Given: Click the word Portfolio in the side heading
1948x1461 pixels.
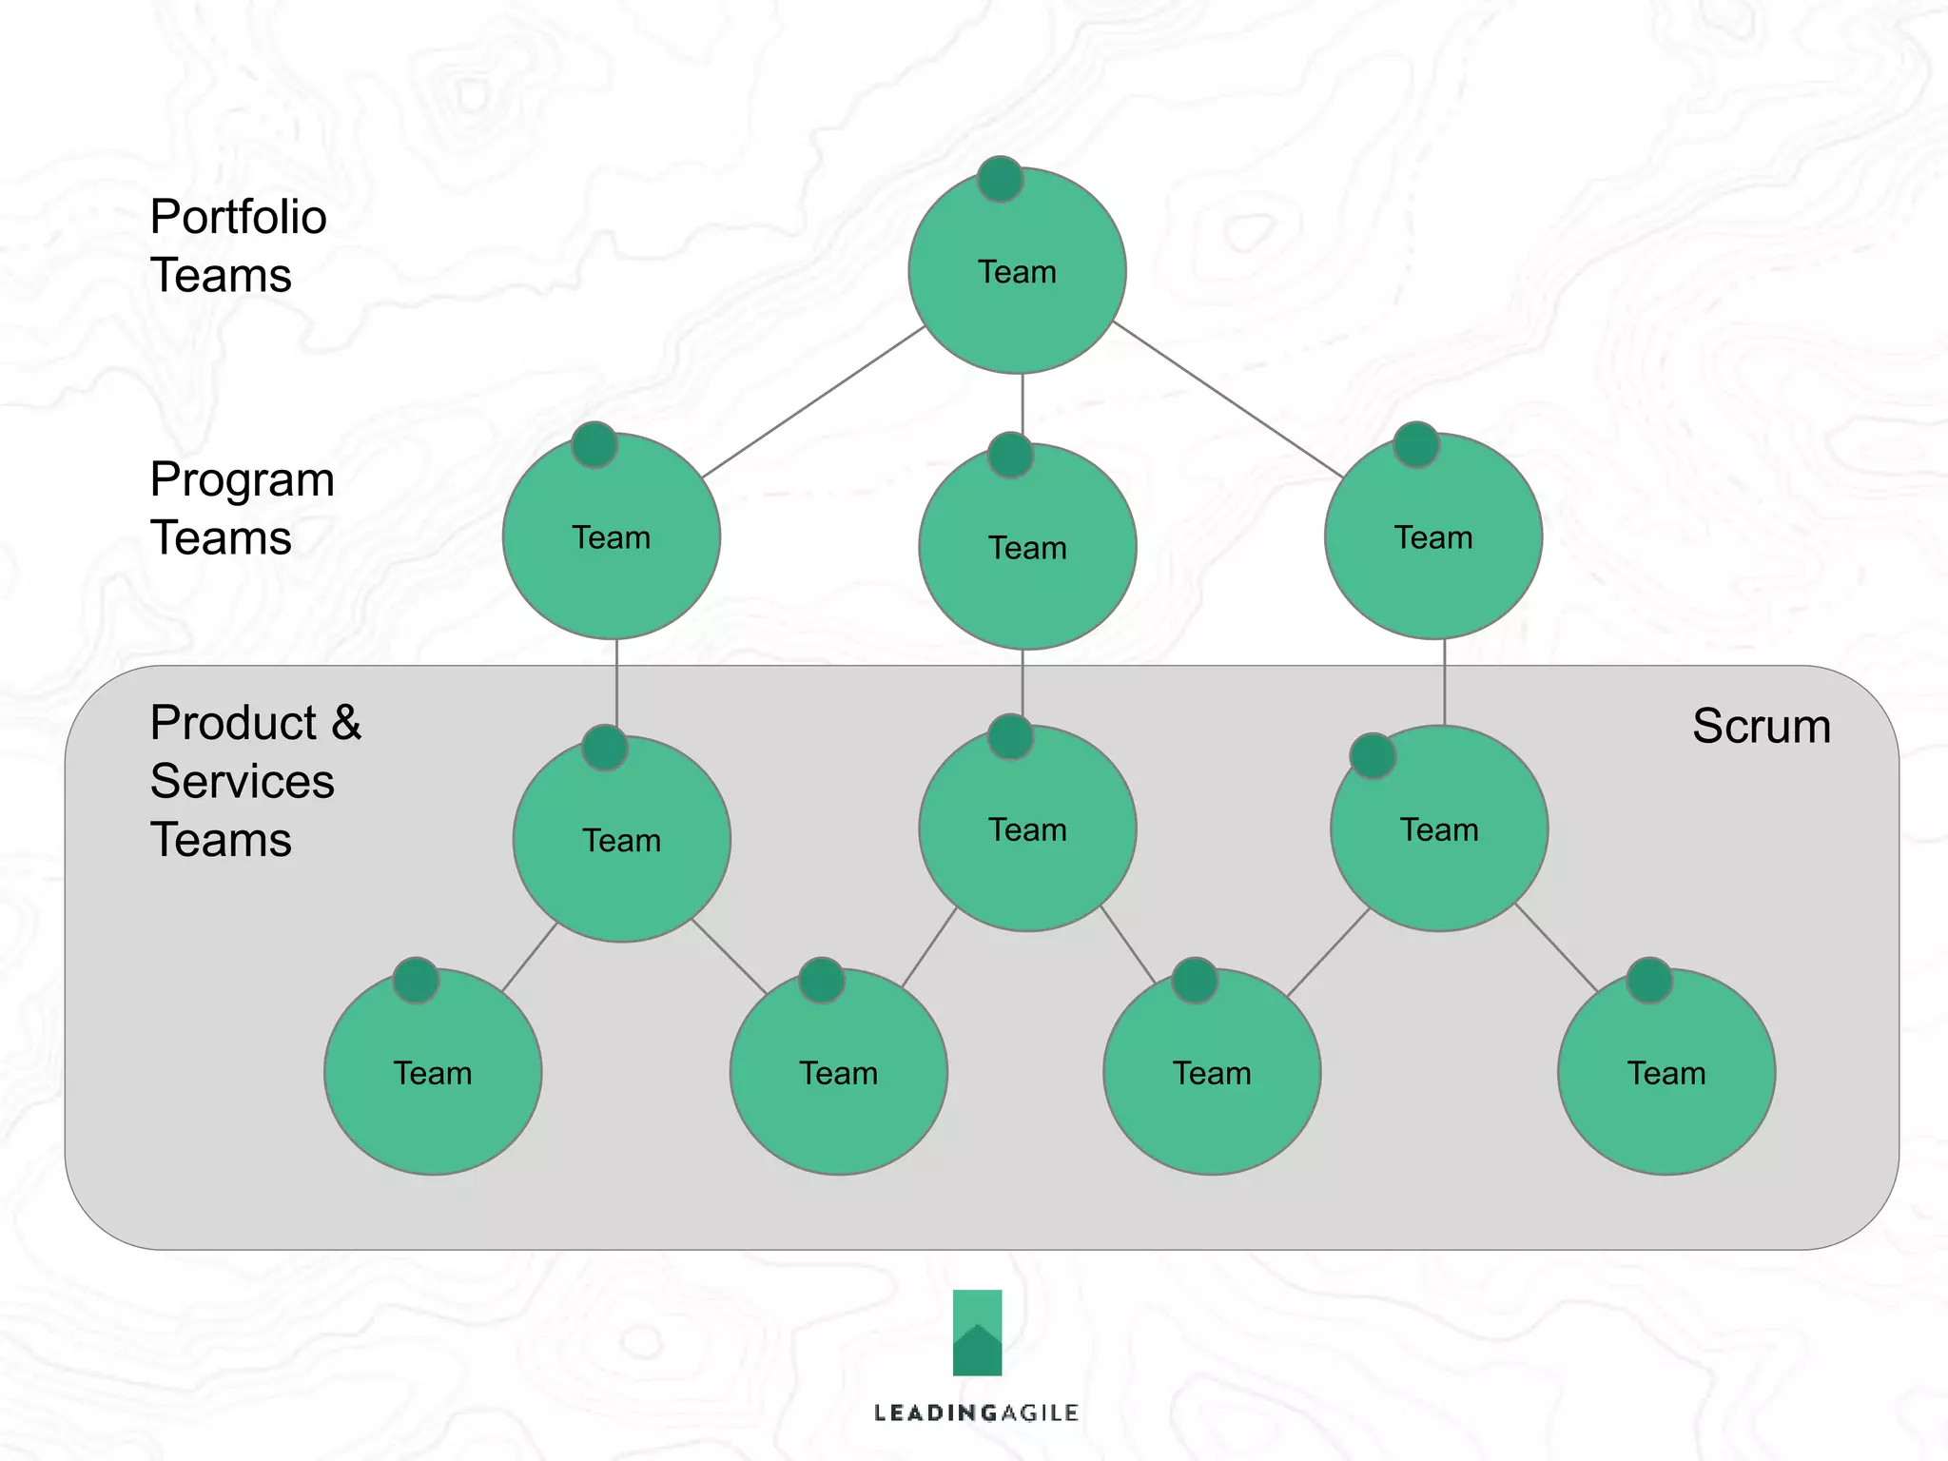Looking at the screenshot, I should (x=238, y=218).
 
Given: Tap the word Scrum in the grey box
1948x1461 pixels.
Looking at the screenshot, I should (x=1761, y=727).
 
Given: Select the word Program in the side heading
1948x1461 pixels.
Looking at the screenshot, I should (x=242, y=480).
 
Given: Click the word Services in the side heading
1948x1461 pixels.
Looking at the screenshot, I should (x=242, y=782).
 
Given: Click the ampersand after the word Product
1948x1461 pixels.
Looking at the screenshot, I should (x=346, y=723).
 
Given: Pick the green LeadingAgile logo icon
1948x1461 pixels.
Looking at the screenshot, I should (x=977, y=1332).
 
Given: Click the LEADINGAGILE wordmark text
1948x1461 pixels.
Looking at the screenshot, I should (x=976, y=1413).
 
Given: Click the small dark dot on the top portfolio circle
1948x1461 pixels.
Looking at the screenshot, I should (x=1000, y=179).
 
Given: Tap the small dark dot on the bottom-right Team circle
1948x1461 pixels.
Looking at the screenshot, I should (x=1649, y=980).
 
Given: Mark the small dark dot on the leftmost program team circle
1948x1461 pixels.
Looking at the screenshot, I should (x=594, y=444).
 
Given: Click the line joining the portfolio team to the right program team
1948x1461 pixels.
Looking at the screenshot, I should (x=1227, y=399).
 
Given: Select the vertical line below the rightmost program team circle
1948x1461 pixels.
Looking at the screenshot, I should (x=1444, y=682).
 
